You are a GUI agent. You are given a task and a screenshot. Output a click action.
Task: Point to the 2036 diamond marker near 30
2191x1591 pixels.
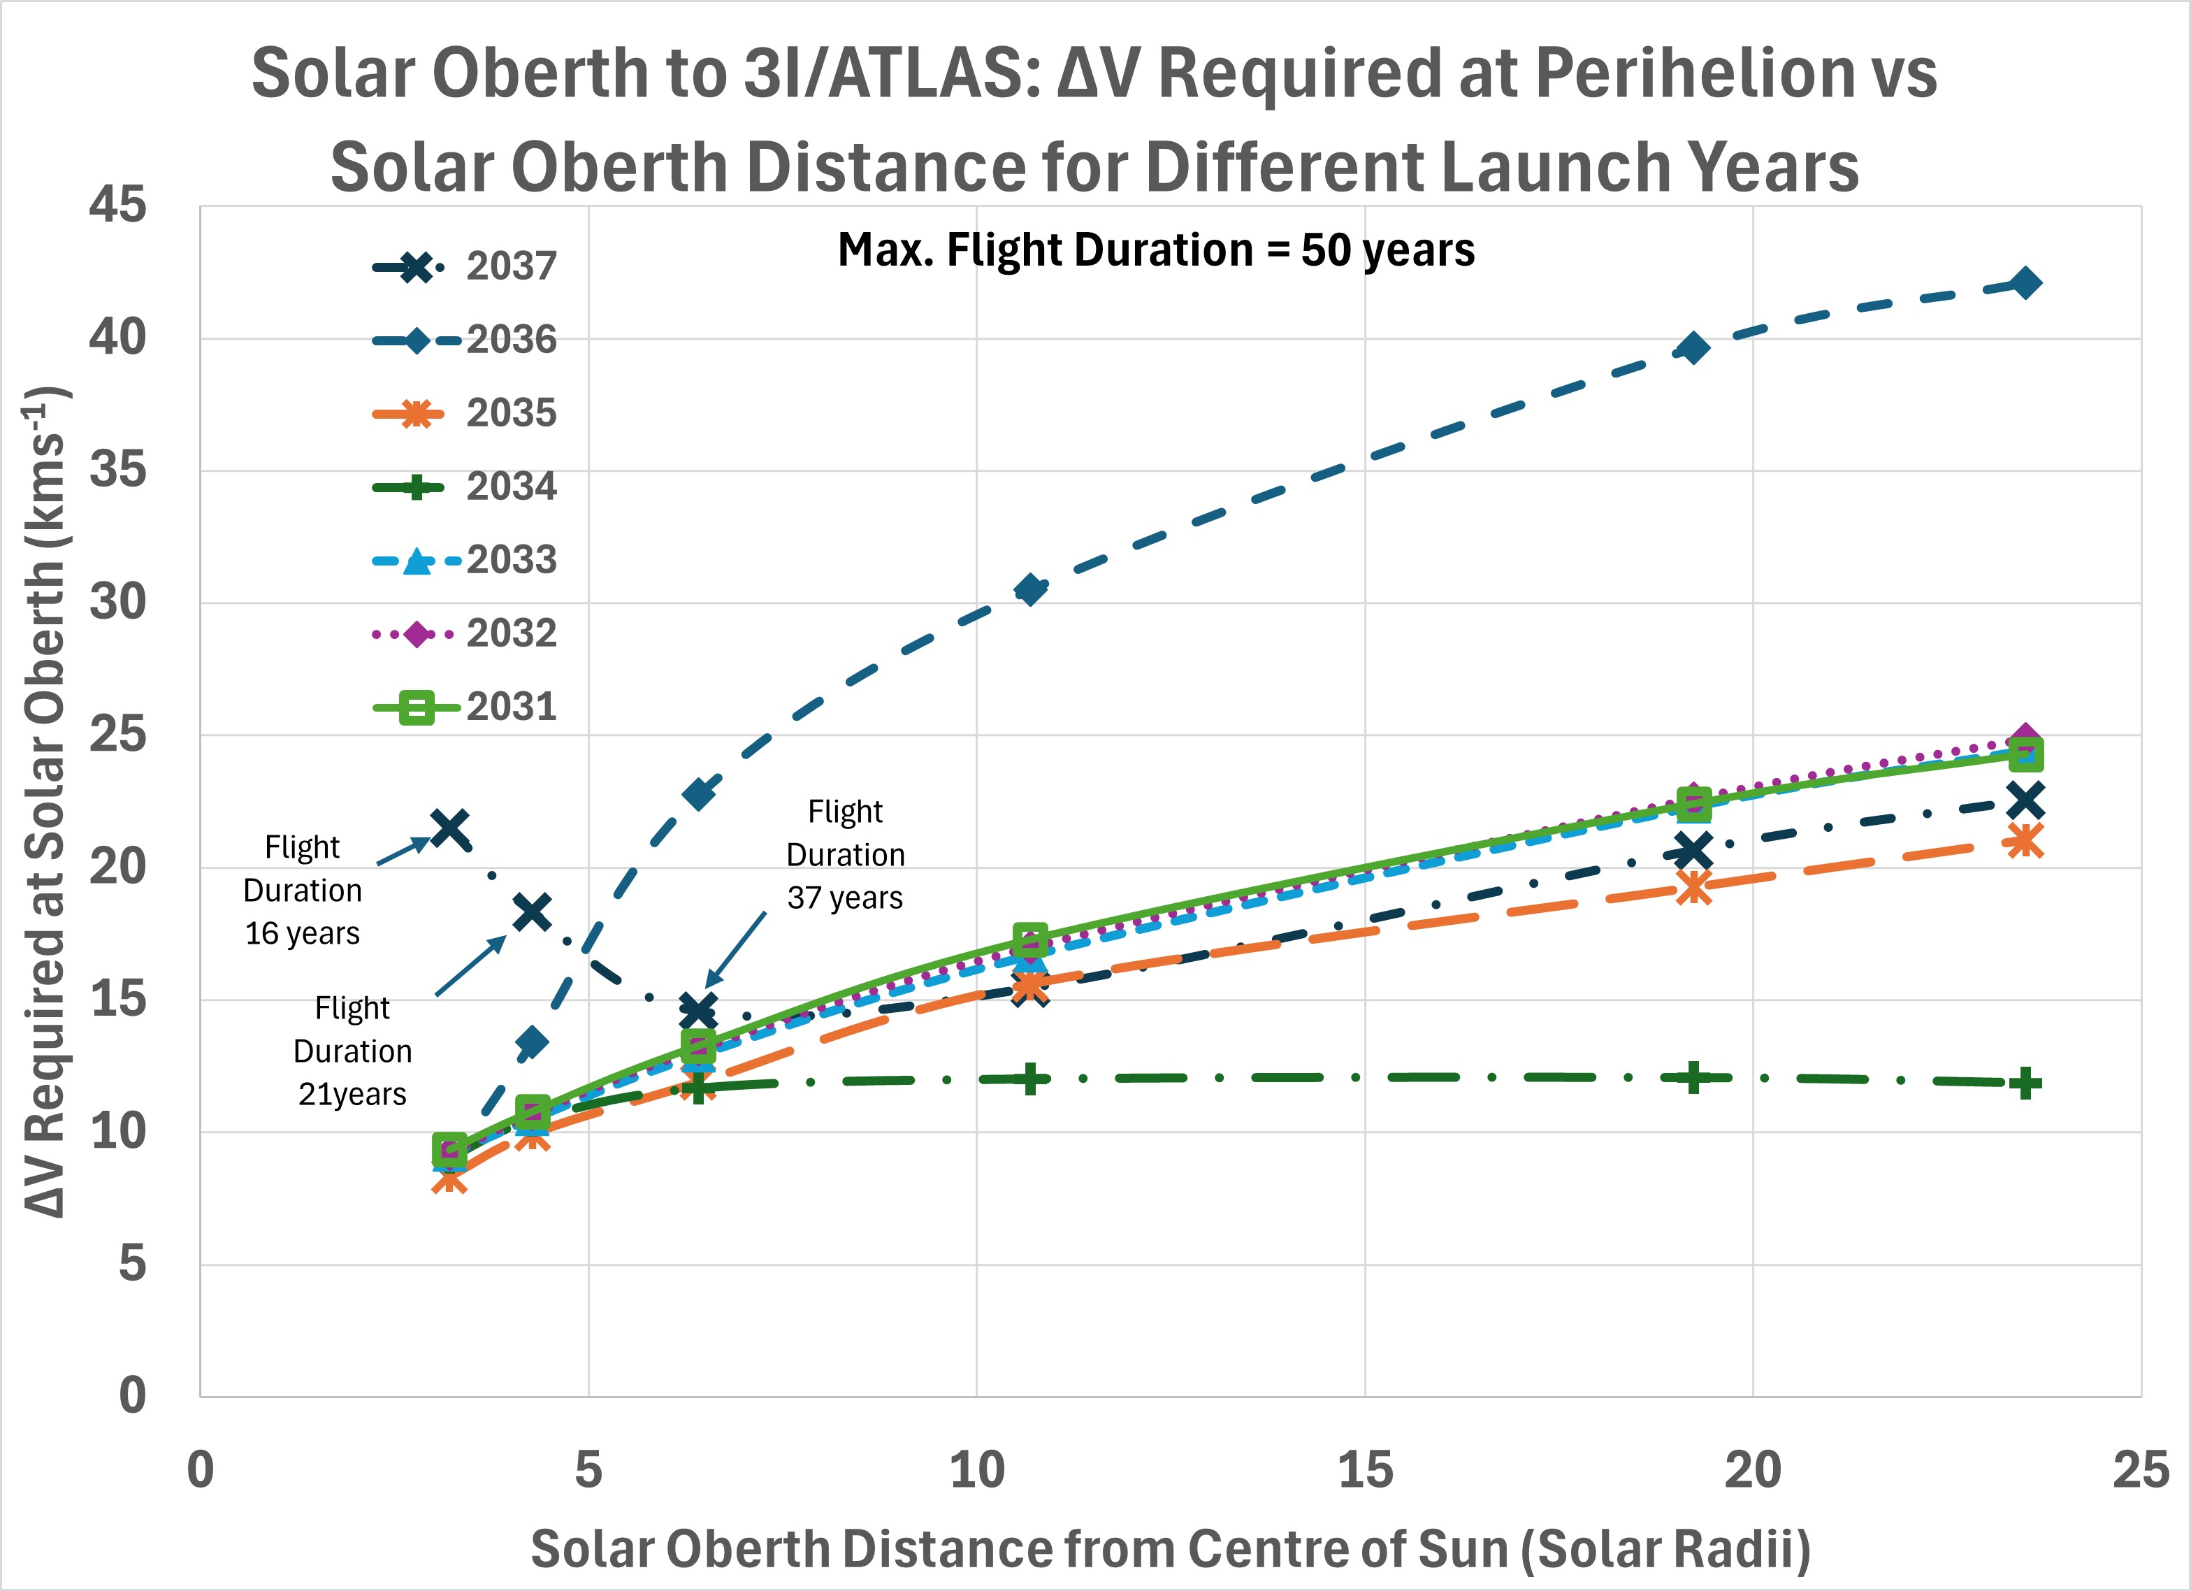point(1031,589)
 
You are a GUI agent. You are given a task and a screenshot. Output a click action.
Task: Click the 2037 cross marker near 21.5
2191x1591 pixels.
point(450,827)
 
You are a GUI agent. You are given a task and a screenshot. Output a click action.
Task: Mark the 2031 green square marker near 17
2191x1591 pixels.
point(1031,939)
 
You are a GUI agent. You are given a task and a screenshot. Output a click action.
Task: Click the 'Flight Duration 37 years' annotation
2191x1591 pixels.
point(845,855)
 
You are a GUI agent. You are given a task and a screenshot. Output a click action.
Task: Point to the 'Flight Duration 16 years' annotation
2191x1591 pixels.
point(303,891)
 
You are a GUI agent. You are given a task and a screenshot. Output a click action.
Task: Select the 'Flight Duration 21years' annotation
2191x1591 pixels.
point(353,1051)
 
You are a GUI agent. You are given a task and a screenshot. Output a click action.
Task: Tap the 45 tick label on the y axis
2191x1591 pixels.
point(118,206)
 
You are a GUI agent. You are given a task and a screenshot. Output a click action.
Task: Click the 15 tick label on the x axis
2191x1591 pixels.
point(1365,1470)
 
